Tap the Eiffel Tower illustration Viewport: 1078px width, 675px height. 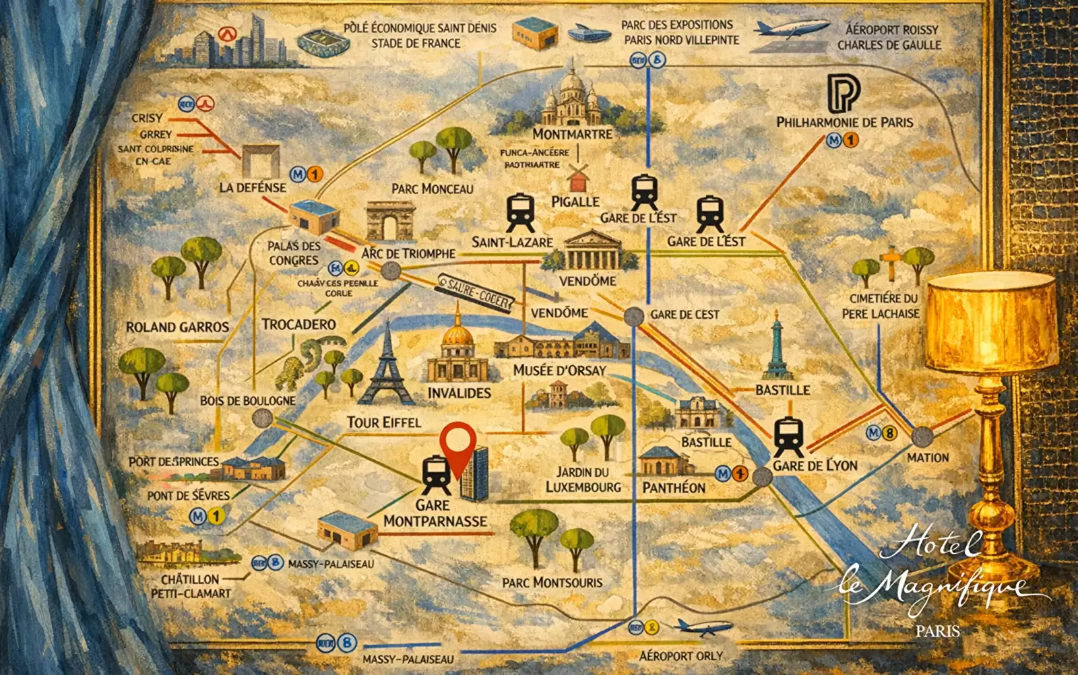point(387,367)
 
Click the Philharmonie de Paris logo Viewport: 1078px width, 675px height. point(843,94)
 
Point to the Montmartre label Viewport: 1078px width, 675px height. point(572,134)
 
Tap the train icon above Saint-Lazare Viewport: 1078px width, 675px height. point(520,212)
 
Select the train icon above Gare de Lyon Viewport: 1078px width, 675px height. point(788,437)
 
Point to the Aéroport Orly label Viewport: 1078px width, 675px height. point(680,655)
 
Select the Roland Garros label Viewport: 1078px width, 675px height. point(177,327)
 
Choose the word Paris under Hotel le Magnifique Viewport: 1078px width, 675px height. point(937,631)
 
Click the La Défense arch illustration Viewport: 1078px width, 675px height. point(261,161)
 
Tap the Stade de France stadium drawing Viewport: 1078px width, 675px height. point(323,42)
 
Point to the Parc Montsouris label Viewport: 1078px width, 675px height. point(552,582)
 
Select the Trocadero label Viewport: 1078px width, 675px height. point(298,325)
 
